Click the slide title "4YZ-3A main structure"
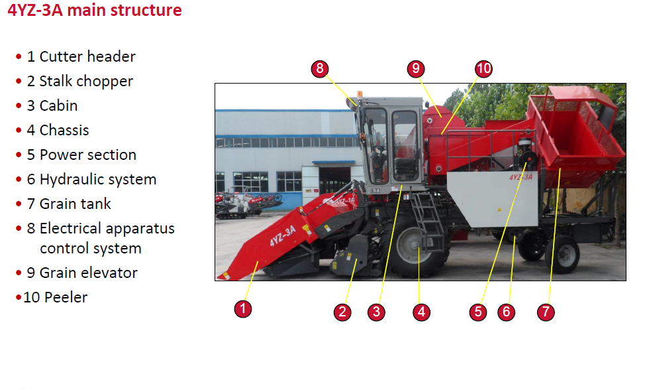95,10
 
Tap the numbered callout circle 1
242,308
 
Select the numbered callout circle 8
320,68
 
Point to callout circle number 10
483,68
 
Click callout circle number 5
478,312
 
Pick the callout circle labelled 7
546,312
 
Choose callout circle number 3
376,312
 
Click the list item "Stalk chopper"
86,82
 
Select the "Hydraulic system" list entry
98,180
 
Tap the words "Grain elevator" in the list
89,273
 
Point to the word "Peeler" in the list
66,297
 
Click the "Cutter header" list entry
87,56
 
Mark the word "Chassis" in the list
64,130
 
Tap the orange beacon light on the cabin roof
360,94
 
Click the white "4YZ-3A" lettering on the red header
283,236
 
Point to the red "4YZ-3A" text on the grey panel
521,177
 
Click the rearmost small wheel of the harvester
563,255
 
